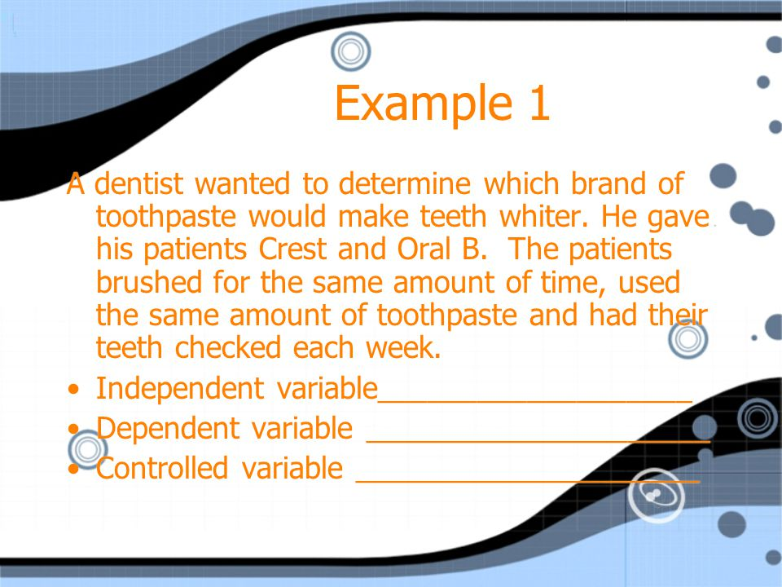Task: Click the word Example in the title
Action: tap(424, 104)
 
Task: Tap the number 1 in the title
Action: tap(539, 103)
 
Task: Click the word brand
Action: tap(608, 183)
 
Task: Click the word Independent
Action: tap(179, 388)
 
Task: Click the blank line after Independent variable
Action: tap(535, 401)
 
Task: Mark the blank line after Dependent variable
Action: tap(538, 441)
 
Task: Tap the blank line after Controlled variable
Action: tap(528, 481)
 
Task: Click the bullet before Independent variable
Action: tap(74, 390)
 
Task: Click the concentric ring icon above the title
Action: tap(350, 51)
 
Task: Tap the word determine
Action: tap(405, 183)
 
